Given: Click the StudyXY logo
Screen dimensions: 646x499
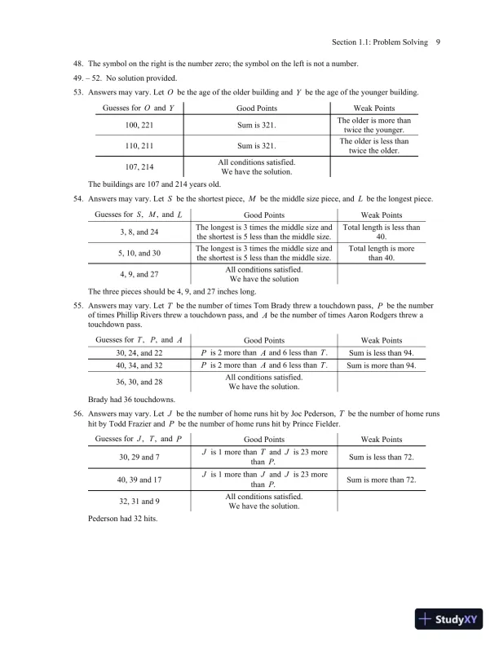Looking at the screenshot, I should (x=451, y=619).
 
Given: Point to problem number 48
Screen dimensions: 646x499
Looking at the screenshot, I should (x=79, y=64).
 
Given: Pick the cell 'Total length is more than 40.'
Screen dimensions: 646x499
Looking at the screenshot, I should (x=381, y=253).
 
